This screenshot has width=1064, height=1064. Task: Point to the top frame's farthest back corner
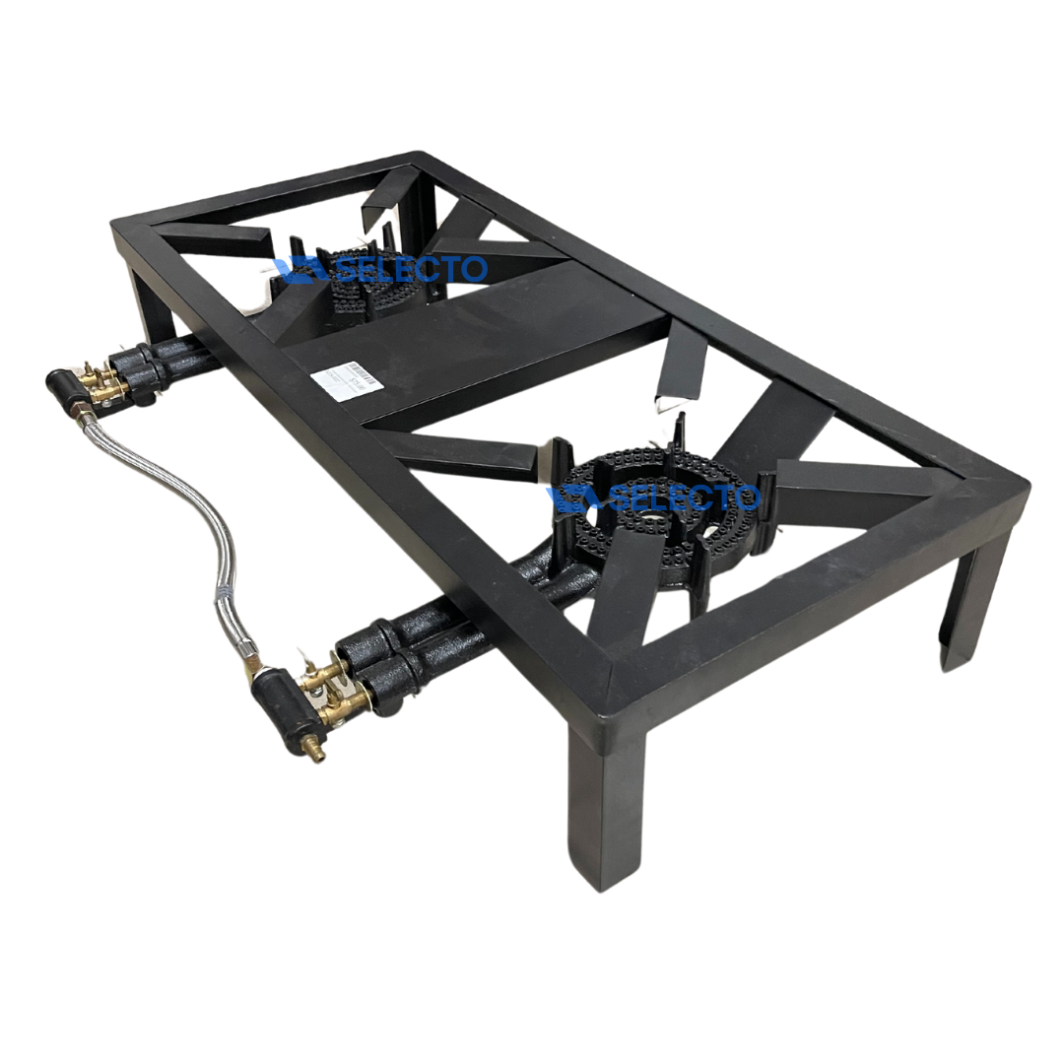(418, 158)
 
